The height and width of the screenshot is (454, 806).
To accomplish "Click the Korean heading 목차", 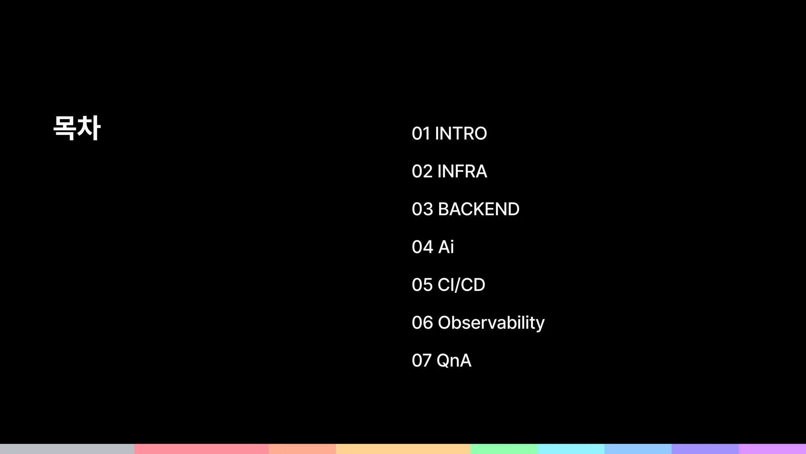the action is click(x=77, y=128).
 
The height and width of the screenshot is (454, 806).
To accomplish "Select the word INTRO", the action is click(x=461, y=134).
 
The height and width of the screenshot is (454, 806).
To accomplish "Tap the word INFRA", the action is click(x=462, y=171).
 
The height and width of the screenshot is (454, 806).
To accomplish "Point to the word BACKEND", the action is click(x=479, y=209).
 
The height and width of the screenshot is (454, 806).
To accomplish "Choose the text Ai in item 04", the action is click(x=446, y=247).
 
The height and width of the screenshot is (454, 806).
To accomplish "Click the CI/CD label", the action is click(x=461, y=285).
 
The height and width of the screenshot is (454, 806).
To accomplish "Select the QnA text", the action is click(x=454, y=361).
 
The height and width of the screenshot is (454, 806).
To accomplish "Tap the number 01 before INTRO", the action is click(x=421, y=134).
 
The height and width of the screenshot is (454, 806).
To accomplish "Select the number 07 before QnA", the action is click(x=422, y=361).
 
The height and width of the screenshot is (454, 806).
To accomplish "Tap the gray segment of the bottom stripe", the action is click(x=67, y=449).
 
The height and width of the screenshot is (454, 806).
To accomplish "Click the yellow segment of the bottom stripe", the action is click(x=403, y=449).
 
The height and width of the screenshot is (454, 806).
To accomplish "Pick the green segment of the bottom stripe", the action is click(x=504, y=449).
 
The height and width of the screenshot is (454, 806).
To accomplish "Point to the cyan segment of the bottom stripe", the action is click(x=571, y=449).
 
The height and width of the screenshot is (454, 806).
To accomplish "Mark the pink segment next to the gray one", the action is click(x=201, y=449).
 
